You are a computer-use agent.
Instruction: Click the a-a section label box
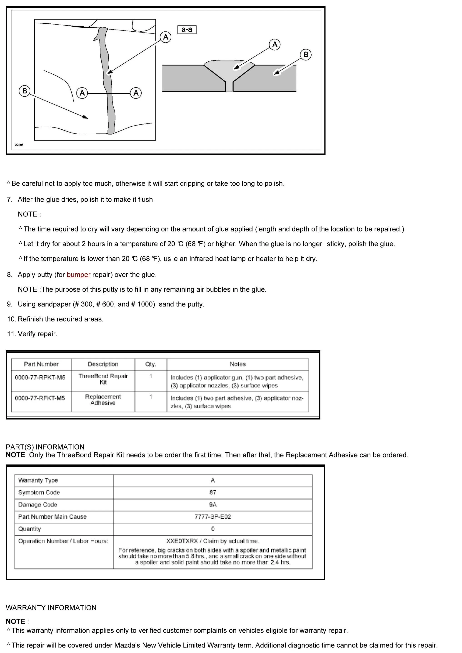(x=187, y=29)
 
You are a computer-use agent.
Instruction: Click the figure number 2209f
(x=19, y=145)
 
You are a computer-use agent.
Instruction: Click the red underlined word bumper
(x=79, y=274)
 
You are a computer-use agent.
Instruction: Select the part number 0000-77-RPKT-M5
(x=40, y=377)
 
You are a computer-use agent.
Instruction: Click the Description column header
(x=103, y=364)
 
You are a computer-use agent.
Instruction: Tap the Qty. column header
(x=151, y=364)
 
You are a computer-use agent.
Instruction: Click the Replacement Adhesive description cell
(x=103, y=400)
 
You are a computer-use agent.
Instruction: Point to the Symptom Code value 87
(x=213, y=492)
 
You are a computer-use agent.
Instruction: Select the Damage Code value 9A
(x=213, y=504)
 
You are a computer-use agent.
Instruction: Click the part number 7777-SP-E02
(x=213, y=517)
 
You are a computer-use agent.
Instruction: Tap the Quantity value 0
(x=213, y=529)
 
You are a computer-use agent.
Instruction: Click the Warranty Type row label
(x=38, y=480)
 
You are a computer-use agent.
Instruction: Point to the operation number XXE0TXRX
(x=182, y=541)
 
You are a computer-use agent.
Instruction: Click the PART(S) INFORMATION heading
(x=45, y=447)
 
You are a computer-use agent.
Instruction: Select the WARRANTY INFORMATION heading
(x=51, y=608)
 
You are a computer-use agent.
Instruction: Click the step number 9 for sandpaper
(x=10, y=304)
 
